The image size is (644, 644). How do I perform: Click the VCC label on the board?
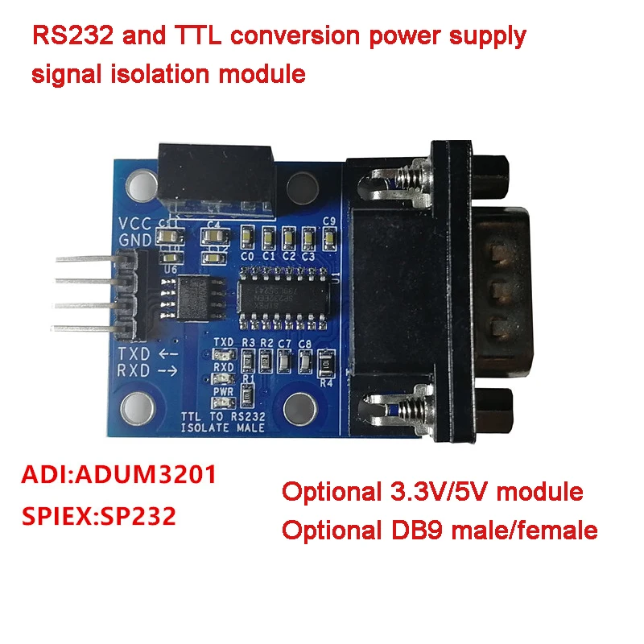[133, 224]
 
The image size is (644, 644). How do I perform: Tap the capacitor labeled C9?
[328, 237]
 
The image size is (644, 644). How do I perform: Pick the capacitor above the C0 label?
[247, 237]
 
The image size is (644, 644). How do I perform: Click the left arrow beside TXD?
[168, 355]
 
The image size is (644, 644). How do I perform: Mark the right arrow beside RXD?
[168, 371]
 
